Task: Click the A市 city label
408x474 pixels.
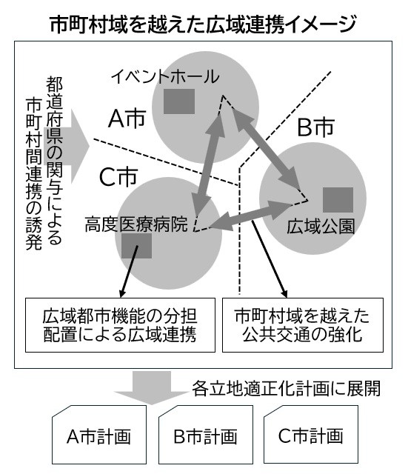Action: point(127,118)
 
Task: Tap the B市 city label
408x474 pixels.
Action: point(316,127)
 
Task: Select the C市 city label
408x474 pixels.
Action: point(118,177)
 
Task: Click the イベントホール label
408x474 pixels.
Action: point(165,76)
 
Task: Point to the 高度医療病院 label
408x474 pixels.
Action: point(136,224)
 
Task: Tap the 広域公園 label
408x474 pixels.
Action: point(321,226)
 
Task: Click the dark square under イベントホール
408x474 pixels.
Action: point(179,101)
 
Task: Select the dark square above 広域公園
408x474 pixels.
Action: point(338,200)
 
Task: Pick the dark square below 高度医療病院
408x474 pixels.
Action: point(136,246)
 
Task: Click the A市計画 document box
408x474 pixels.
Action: point(99,435)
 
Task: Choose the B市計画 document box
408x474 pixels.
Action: point(206,435)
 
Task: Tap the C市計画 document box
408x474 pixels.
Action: point(311,435)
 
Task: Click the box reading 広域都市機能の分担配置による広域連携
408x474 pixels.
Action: point(120,325)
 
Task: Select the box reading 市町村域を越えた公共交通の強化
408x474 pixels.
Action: point(303,325)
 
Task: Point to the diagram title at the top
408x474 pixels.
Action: point(203,24)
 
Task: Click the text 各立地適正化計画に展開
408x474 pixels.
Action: point(286,388)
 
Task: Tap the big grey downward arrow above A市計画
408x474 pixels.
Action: point(151,387)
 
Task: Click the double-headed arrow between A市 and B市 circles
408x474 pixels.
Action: point(267,149)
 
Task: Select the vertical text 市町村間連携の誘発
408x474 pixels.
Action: point(34,174)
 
